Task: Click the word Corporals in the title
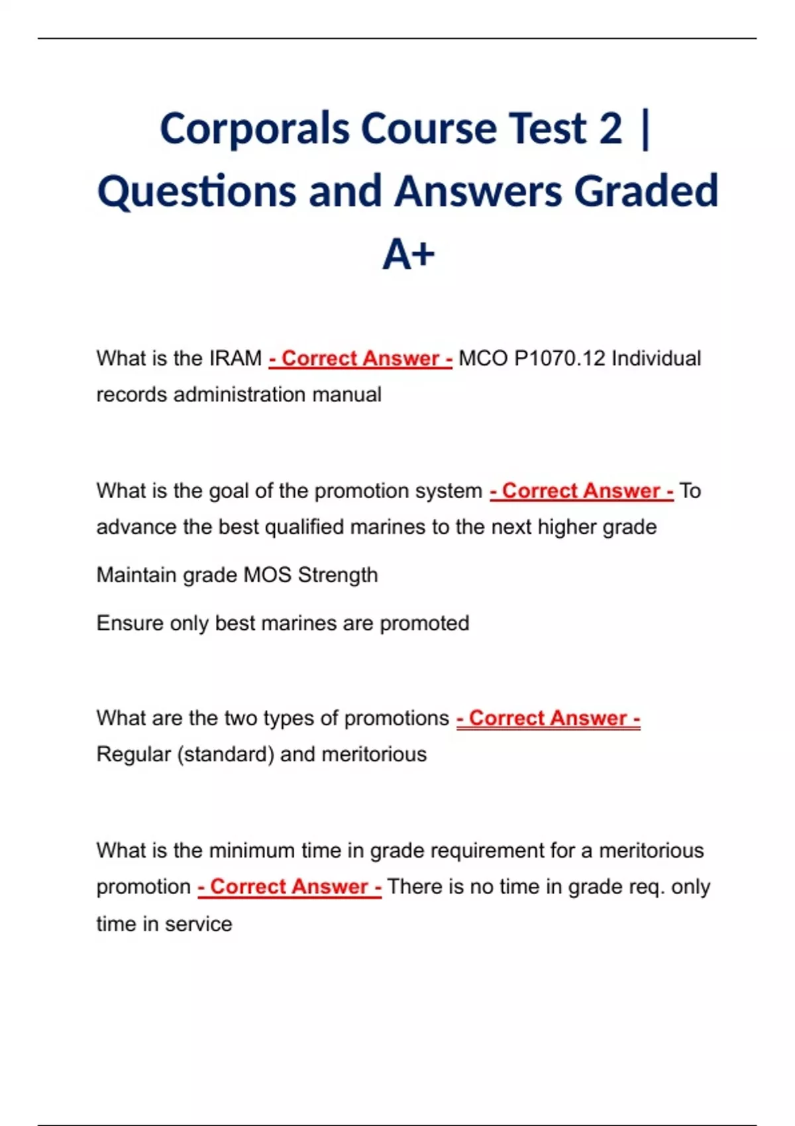click(254, 128)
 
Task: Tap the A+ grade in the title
click(408, 254)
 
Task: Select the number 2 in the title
click(611, 128)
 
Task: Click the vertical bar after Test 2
click(646, 128)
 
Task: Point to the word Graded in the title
click(645, 191)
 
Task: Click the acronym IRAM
click(235, 358)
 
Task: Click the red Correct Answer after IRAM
click(360, 358)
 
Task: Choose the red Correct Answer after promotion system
click(581, 491)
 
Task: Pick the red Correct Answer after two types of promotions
click(548, 718)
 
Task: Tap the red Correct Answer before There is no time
click(290, 887)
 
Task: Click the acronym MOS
click(268, 575)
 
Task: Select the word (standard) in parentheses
click(225, 754)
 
